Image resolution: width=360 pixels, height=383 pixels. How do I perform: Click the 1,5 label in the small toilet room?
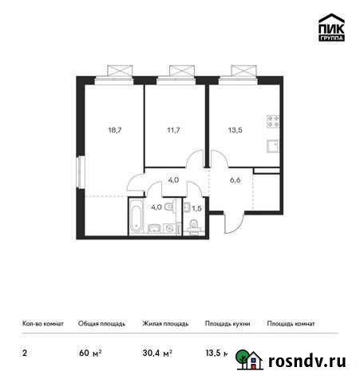tap(196, 209)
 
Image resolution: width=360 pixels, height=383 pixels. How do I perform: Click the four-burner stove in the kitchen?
tap(271, 124)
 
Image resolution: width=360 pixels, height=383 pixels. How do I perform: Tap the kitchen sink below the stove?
tap(271, 146)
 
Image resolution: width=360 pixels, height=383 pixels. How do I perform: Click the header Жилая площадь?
tap(165, 324)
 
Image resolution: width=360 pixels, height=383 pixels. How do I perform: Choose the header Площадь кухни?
tap(227, 324)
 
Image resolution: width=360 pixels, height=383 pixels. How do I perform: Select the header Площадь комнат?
tap(291, 324)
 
